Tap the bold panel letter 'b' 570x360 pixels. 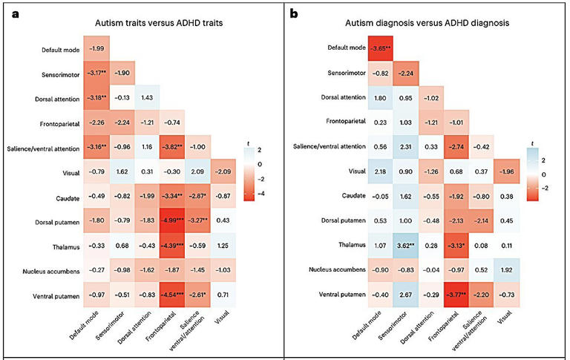[x=294, y=13]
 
